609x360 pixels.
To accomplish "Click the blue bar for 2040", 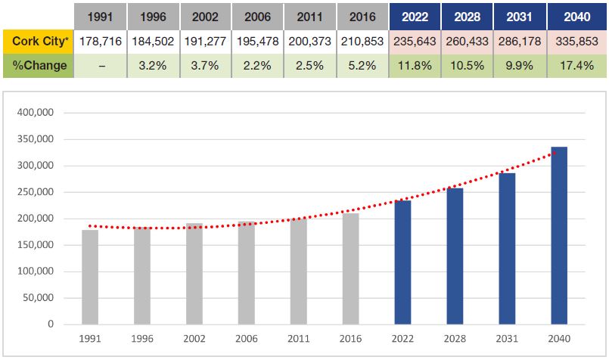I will click(x=559, y=235).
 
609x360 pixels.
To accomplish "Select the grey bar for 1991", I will click(x=90, y=277).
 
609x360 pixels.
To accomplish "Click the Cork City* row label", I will click(x=39, y=41).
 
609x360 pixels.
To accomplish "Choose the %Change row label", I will click(x=39, y=66).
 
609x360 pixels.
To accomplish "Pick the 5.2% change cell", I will click(x=361, y=66).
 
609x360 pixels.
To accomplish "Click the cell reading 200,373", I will click(x=309, y=41).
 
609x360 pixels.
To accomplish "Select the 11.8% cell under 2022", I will click(x=414, y=66).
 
